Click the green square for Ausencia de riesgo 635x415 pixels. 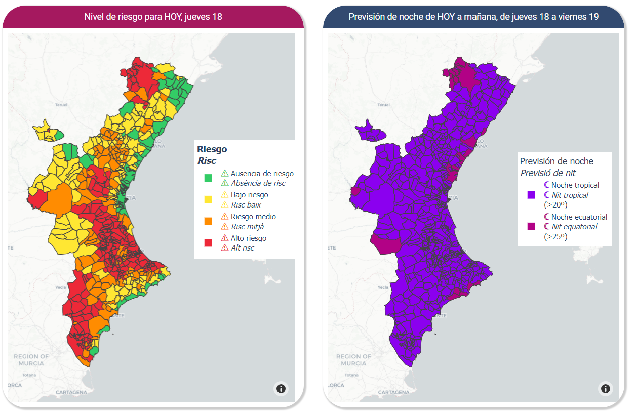pos(208,178)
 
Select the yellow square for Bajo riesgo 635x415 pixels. pos(208,199)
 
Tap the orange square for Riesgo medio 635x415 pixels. pos(208,221)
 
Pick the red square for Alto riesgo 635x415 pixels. pos(208,243)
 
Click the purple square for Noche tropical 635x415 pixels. pos(531,195)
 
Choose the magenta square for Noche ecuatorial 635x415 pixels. pos(531,226)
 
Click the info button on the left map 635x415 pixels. pos(281,389)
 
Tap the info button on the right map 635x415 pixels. pos(605,389)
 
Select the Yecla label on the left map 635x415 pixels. pos(61,287)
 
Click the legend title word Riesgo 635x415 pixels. pos(212,149)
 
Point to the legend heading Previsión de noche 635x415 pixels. pos(557,161)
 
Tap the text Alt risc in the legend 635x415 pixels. pos(243,248)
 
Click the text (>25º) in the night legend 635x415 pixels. pos(555,236)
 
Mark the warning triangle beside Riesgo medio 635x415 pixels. pos(225,217)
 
